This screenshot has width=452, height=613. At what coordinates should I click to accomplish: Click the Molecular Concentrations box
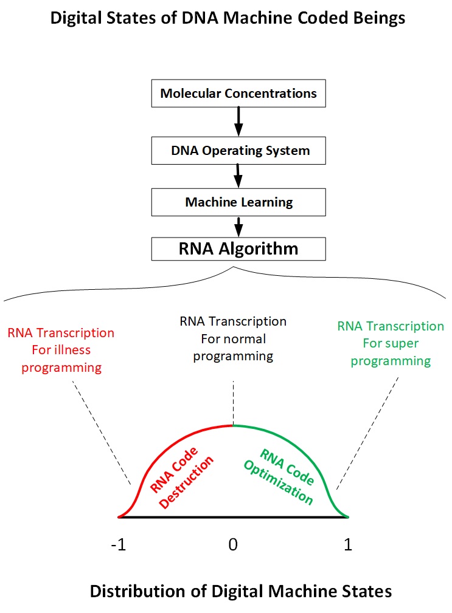[238, 94]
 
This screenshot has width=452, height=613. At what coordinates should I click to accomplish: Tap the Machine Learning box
[238, 202]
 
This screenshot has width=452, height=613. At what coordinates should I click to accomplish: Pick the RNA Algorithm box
[238, 248]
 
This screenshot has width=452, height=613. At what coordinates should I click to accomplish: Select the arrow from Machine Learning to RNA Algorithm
[238, 225]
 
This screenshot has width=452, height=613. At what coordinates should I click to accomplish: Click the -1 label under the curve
[119, 545]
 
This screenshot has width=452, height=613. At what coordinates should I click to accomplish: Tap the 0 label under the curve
[232, 545]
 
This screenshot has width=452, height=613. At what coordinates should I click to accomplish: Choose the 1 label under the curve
[348, 545]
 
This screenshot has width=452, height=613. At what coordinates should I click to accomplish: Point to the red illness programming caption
[61, 351]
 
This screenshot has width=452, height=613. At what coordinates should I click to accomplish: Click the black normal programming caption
[233, 338]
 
